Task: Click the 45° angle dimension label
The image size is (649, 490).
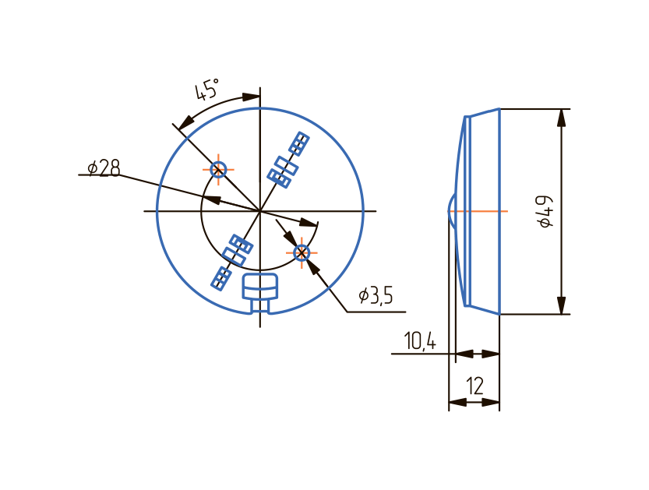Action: click(206, 90)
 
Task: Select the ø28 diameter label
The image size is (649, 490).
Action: click(104, 167)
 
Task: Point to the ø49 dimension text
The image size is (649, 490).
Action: click(545, 211)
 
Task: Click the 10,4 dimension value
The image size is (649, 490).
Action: click(420, 341)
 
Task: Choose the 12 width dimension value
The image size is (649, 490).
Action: click(474, 386)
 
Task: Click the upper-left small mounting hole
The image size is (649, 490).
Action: click(218, 168)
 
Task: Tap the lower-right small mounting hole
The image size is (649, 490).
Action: click(302, 252)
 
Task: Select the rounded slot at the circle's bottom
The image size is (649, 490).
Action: click(260, 287)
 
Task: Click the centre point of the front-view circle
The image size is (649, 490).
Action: click(259, 211)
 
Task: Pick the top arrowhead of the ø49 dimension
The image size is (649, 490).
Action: click(561, 117)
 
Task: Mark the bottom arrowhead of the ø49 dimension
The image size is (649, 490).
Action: click(561, 306)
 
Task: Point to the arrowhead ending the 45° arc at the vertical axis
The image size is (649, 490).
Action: click(251, 97)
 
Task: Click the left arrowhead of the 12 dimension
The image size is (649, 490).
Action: click(457, 402)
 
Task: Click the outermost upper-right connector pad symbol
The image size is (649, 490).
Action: click(299, 143)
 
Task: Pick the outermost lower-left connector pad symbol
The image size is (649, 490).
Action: click(221, 278)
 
